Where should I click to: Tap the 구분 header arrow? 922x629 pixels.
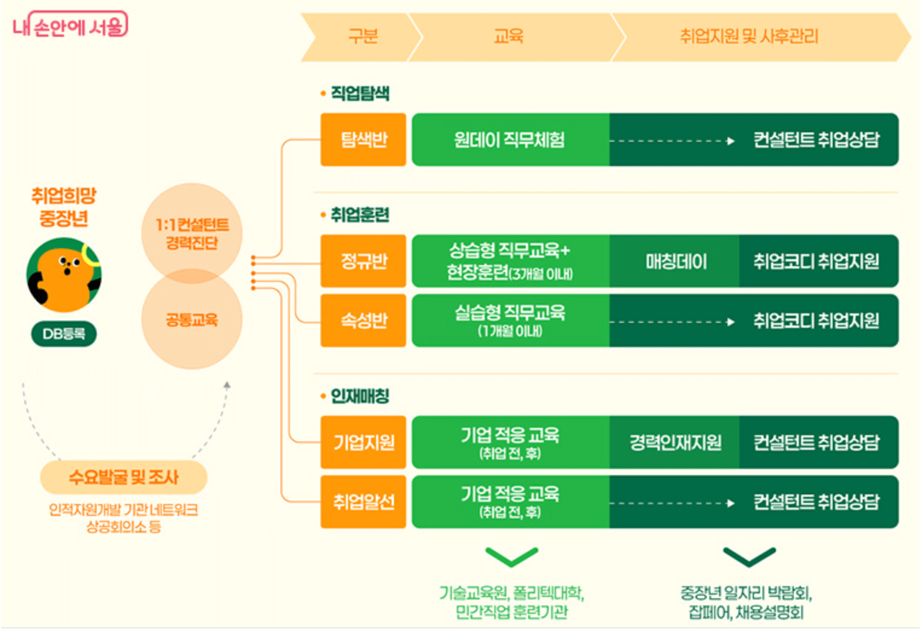tap(363, 37)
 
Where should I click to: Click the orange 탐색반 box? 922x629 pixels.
tap(364, 140)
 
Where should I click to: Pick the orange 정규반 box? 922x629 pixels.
tap(364, 261)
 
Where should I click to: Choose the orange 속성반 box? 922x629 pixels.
tap(364, 321)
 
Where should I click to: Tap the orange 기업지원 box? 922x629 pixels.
tap(364, 442)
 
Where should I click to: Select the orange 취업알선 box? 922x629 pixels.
tap(364, 502)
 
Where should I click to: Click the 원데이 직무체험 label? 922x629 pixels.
tap(509, 140)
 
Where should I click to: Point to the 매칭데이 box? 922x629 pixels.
tap(675, 261)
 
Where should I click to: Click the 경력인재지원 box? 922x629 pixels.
tap(675, 442)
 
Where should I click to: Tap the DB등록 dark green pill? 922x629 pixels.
tap(64, 334)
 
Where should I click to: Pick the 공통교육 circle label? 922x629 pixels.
tap(192, 320)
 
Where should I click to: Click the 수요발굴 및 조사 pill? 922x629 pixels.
tap(123, 477)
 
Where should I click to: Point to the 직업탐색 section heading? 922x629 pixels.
tap(356, 94)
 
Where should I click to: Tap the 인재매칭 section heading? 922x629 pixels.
tap(356, 396)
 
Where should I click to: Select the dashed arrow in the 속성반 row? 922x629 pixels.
tap(672, 322)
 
